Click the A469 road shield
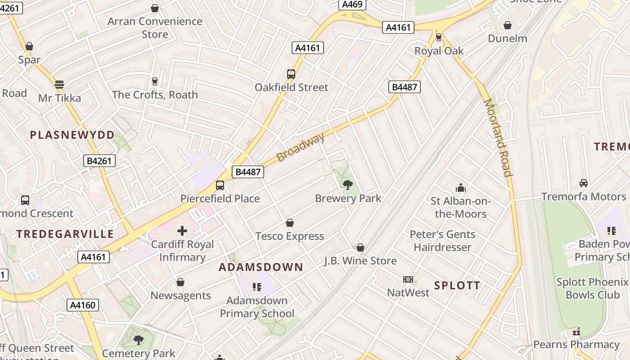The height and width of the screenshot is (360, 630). (352, 4)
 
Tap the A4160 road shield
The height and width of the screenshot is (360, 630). (83, 305)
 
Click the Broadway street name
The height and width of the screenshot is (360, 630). (300, 147)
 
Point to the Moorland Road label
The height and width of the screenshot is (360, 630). (498, 137)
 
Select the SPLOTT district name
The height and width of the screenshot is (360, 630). (457, 285)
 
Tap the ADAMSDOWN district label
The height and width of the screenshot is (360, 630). (261, 267)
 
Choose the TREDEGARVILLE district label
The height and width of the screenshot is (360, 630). (65, 234)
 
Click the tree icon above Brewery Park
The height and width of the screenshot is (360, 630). (348, 184)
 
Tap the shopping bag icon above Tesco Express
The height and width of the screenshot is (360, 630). (290, 223)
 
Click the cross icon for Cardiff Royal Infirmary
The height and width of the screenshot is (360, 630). (182, 231)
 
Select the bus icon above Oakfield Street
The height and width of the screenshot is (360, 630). (291, 74)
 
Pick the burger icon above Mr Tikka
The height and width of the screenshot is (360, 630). (59, 84)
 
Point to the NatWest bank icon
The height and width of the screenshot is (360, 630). (408, 279)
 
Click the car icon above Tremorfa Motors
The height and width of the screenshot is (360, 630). (584, 183)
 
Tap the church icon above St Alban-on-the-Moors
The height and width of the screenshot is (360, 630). (460, 188)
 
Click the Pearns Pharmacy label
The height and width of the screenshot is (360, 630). (576, 345)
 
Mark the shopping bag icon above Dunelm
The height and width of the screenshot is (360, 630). (508, 25)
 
